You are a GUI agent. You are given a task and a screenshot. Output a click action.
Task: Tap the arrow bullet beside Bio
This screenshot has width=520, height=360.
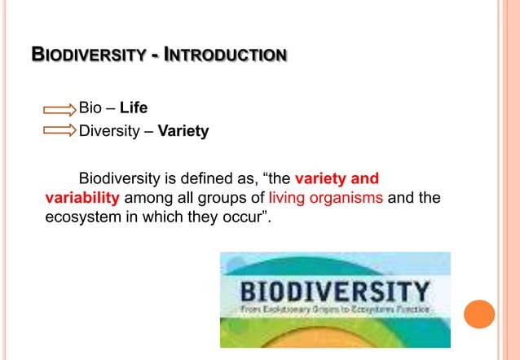point(59,109)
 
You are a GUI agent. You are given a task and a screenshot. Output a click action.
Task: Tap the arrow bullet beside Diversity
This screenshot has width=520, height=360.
point(59,130)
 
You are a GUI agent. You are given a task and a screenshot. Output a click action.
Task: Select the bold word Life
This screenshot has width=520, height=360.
point(134,108)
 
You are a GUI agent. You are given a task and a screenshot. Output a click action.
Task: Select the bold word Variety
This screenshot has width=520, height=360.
point(183,130)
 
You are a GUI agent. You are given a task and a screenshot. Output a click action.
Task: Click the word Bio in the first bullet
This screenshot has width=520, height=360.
point(90,108)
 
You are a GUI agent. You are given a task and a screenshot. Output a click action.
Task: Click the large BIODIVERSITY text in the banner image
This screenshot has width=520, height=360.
point(334,292)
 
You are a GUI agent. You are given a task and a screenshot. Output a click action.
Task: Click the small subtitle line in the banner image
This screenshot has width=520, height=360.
point(334,310)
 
